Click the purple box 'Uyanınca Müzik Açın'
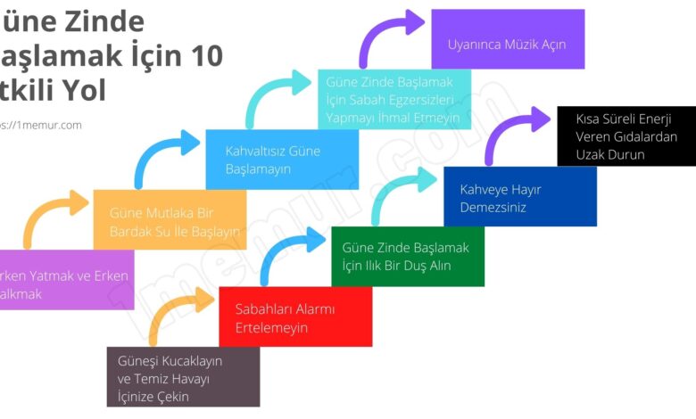coord(507,40)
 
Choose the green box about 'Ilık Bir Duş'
coord(408,256)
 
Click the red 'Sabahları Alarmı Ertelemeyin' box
coord(295,317)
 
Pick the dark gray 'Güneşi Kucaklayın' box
coord(183,377)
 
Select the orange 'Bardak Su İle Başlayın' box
coord(170,220)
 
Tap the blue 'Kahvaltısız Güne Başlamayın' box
coord(282,160)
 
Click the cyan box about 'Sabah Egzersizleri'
coord(394,99)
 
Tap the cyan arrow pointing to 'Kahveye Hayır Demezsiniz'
coord(397,192)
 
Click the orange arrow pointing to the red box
coord(175,312)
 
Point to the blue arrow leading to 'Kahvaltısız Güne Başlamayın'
coord(161,156)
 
